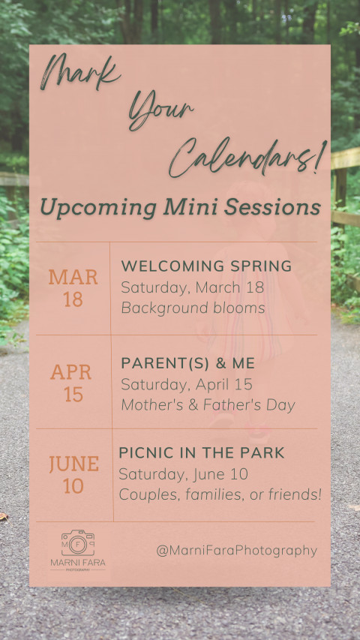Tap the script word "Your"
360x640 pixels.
[160, 110]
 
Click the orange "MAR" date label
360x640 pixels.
[73, 278]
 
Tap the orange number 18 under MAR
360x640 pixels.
[73, 299]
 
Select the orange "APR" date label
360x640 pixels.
[71, 372]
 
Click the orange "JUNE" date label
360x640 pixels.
[74, 464]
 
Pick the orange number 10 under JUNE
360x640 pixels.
[73, 486]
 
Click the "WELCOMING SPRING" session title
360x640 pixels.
[206, 266]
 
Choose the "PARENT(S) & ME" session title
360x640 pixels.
[188, 363]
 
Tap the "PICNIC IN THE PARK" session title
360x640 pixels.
[202, 452]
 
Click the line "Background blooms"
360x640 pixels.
[193, 308]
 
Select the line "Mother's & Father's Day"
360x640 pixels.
[208, 405]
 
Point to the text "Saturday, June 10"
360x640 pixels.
[183, 474]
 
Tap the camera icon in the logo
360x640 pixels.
[78, 543]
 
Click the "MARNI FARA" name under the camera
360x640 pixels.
[78, 563]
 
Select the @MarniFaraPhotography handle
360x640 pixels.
[237, 551]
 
